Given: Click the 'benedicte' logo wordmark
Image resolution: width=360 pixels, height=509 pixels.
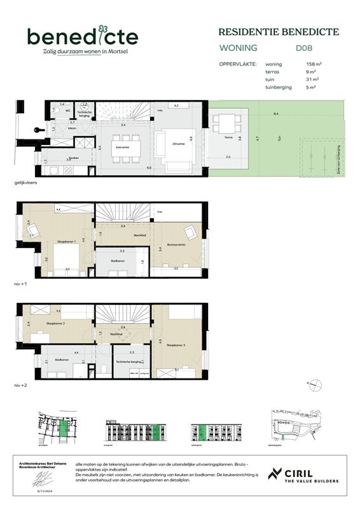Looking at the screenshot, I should (x=82, y=36).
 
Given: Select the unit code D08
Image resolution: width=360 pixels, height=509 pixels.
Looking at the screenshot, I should (x=303, y=48).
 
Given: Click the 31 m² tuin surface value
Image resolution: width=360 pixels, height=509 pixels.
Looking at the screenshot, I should (x=312, y=80).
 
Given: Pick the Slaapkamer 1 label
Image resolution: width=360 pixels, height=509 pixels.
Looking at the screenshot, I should (x=67, y=242).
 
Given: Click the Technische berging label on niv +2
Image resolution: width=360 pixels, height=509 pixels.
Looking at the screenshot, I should (x=131, y=361).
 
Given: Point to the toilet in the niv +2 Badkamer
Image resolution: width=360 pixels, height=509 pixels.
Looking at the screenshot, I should (x=102, y=370).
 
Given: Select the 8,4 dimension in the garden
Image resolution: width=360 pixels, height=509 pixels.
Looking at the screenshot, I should (x=275, y=114).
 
